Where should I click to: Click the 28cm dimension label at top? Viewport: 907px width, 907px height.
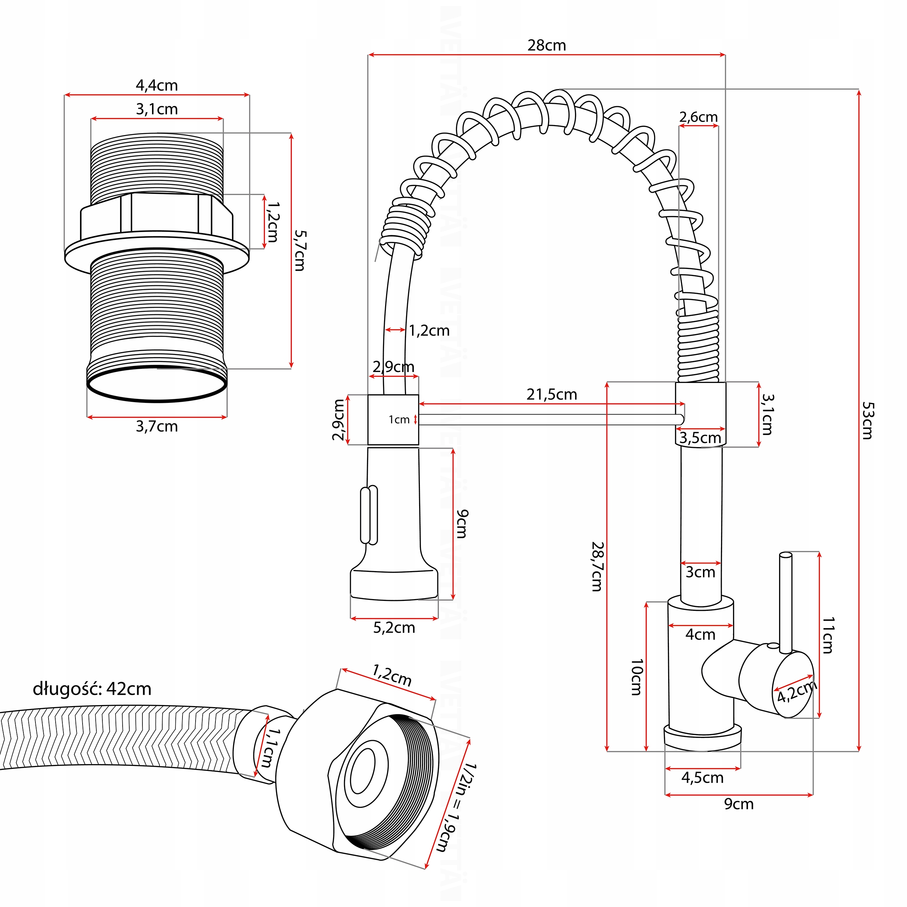click(x=546, y=46)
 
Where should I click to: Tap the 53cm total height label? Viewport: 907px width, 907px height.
click(x=867, y=420)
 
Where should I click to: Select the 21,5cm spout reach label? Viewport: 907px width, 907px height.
click(x=552, y=394)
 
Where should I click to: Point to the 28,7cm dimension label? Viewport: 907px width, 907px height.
click(x=597, y=566)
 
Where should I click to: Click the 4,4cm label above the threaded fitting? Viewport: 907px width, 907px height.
click(x=157, y=85)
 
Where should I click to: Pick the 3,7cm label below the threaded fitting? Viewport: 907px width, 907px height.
click(x=157, y=426)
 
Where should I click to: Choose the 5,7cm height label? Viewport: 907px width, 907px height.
click(x=299, y=250)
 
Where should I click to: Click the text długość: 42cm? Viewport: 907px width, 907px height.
click(x=92, y=689)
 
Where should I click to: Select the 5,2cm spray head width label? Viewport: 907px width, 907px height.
click(x=394, y=628)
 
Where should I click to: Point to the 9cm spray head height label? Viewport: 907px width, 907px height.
click(x=462, y=523)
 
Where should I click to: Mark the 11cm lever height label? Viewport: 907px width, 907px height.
click(x=828, y=635)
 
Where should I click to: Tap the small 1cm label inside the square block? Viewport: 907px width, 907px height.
click(x=399, y=420)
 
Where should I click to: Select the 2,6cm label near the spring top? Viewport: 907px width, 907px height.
click(x=699, y=117)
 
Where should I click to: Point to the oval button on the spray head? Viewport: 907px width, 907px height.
click(x=369, y=515)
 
